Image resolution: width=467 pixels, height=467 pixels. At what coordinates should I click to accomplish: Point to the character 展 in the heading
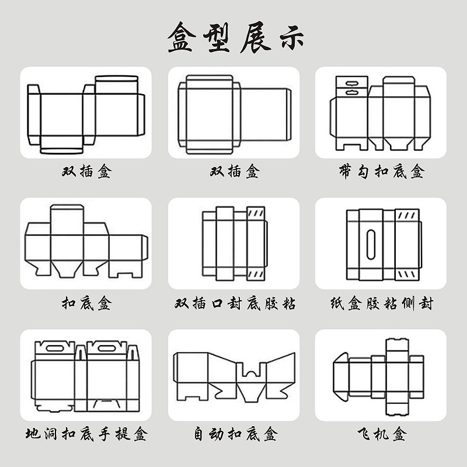coord(252,38)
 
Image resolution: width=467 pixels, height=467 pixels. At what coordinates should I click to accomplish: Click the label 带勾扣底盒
coord(381,172)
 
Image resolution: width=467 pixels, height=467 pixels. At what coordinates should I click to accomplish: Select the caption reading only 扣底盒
coord(86,304)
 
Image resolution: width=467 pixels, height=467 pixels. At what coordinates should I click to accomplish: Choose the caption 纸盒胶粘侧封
coord(381,304)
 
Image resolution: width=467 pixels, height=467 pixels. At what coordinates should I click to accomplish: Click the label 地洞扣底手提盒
coord(86,434)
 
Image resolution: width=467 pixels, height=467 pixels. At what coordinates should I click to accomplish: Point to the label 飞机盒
coord(381,434)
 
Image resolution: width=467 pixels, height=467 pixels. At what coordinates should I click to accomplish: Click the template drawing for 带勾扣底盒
coord(380,113)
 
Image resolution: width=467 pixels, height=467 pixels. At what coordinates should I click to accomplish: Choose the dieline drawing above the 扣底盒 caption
coord(86,242)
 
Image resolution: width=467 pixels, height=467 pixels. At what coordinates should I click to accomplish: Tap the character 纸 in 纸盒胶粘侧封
coord(337,304)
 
